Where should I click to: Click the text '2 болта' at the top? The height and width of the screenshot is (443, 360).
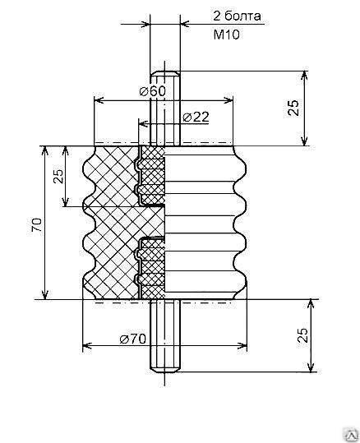pos(237,16)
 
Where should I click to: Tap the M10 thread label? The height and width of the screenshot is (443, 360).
pos(226,35)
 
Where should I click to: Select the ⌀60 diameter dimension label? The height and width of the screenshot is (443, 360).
pos(153,91)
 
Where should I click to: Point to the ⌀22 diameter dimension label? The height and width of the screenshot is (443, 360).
pos(196,117)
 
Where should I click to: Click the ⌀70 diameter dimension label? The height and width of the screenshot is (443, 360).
pos(133,339)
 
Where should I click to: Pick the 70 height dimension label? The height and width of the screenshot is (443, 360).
pos(37,225)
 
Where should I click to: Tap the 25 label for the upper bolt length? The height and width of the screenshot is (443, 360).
pos(293,108)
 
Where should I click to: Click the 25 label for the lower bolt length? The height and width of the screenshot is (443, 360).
pos(302,335)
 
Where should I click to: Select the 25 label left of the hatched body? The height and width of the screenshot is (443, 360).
pos(59,176)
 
